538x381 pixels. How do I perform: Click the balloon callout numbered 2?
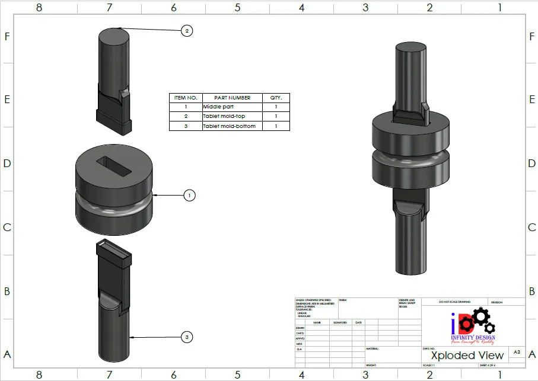[x=187, y=31]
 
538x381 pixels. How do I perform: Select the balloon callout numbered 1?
[x=189, y=195]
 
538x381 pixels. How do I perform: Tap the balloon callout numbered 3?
[x=187, y=337]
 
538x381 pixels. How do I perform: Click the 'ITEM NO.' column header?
[x=186, y=98]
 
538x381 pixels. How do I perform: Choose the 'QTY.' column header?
[x=276, y=98]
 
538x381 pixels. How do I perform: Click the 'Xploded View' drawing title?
[x=467, y=355]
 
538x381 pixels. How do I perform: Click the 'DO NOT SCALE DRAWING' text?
[x=454, y=302]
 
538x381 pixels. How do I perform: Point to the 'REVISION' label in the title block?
[x=496, y=302]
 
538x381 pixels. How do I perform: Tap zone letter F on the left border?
[x=7, y=36]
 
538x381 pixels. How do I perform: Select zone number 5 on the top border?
[x=237, y=8]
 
